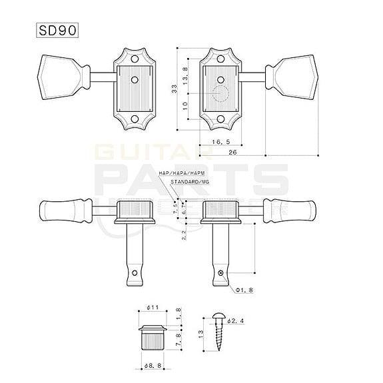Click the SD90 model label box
click(60, 31)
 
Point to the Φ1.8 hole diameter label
click(244, 291)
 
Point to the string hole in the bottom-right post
click(222, 271)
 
